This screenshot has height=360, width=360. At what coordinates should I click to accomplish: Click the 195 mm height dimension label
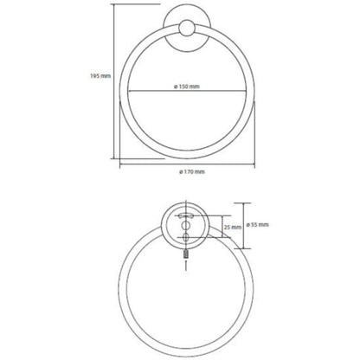click(x=100, y=76)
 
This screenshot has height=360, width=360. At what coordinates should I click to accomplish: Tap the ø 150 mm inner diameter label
click(x=187, y=87)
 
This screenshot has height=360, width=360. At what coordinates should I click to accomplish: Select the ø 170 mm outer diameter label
click(x=192, y=172)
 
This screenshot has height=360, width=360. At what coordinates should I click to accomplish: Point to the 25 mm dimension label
click(x=233, y=227)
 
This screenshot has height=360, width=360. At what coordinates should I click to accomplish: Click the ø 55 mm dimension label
click(x=258, y=224)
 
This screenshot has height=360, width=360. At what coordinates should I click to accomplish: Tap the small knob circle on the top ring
click(x=187, y=29)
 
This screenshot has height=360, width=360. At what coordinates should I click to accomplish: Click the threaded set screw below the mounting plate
click(x=186, y=254)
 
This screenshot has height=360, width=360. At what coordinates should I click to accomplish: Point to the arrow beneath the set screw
click(x=186, y=265)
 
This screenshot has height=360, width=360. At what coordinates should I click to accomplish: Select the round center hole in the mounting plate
click(x=186, y=225)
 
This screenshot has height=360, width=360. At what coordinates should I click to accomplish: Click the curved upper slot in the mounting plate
click(x=186, y=215)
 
